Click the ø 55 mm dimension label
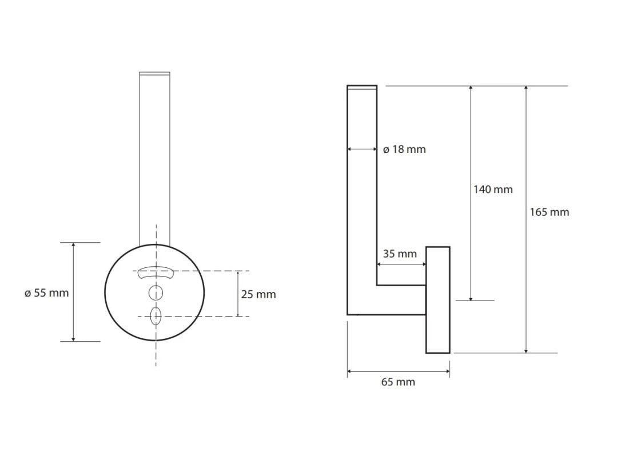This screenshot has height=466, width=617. click(46, 293)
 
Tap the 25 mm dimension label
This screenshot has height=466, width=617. click(258, 294)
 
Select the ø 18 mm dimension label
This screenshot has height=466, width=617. click(404, 149)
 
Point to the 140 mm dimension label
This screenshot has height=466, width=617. click(493, 189)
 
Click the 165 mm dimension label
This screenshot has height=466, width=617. click(550, 212)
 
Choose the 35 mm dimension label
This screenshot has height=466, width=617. click(400, 254)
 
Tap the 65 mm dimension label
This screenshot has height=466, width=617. click(398, 382)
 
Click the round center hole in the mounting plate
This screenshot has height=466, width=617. click(156, 293)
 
